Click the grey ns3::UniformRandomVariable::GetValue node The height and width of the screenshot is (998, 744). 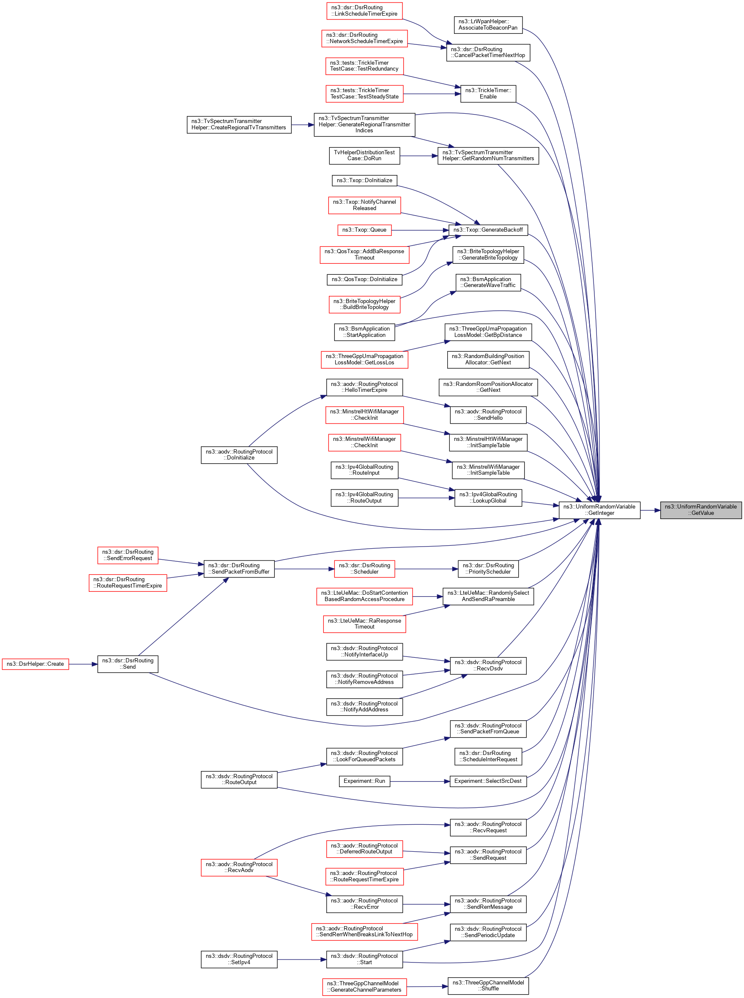[700, 510]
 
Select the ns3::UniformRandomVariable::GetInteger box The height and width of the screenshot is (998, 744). [599, 510]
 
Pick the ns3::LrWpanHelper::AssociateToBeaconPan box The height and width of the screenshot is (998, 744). [488, 25]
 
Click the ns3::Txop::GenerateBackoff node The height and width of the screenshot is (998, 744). [488, 230]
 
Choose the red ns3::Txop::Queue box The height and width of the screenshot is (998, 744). [364, 230]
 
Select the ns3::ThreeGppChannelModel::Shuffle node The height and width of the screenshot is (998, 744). [488, 985]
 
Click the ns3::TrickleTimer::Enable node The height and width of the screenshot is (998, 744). [488, 94]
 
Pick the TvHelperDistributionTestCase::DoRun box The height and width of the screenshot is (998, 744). [364, 156]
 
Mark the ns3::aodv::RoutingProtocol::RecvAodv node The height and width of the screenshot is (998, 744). [239, 867]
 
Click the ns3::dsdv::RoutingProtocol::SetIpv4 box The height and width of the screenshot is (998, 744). [239, 959]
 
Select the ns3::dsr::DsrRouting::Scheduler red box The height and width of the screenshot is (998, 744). [364, 569]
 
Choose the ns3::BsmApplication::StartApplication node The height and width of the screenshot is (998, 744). [364, 332]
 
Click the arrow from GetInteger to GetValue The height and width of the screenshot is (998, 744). [650, 510]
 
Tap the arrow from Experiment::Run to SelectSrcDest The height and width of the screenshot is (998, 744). [420, 782]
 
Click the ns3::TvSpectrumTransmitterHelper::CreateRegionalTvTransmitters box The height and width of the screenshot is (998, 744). [239, 124]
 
